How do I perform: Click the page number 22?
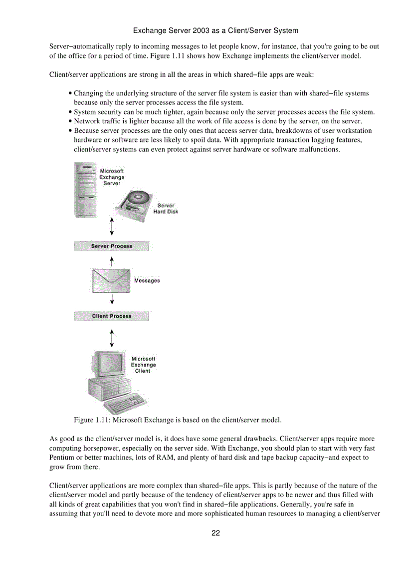215,533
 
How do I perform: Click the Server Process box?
111,246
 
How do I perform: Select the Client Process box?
111,316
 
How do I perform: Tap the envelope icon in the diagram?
111,281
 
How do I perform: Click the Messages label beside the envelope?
147,281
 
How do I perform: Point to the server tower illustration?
85,190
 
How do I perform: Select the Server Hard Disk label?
166,209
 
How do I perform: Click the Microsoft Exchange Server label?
112,177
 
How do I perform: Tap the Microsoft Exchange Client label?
143,365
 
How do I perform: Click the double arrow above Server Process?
112,226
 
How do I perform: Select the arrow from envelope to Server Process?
112,261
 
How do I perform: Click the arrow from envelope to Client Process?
112,299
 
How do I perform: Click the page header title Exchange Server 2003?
215,30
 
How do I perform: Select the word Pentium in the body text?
62,458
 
